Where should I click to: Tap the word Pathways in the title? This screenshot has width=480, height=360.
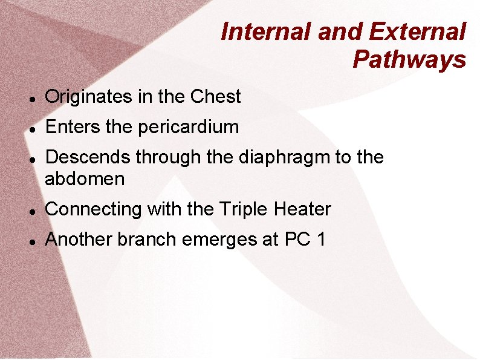(x=409, y=59)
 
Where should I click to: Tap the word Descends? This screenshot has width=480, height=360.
(x=88, y=157)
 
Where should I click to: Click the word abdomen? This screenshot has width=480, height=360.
(x=85, y=179)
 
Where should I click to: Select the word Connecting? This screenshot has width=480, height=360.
(x=92, y=209)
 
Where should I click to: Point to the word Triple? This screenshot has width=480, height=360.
(x=245, y=209)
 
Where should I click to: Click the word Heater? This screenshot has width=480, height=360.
(x=302, y=209)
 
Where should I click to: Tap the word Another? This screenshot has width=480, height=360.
(x=79, y=240)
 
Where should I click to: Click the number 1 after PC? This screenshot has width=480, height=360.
(x=320, y=240)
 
